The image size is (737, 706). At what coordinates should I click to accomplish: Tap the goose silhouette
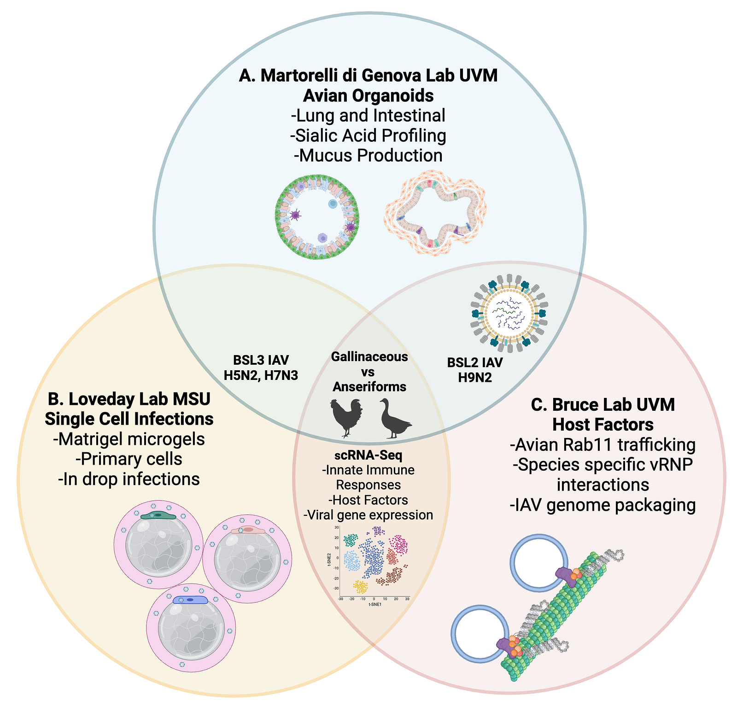pos(394,419)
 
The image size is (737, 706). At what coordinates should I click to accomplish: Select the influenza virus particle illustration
pos(509,311)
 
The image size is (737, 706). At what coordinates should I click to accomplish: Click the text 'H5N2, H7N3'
pos(261,375)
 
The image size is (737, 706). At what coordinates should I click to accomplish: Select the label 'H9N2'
pos(475,378)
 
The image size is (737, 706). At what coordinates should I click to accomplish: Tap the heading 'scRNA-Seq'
pos(368,455)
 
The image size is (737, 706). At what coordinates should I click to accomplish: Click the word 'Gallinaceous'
pos(369,356)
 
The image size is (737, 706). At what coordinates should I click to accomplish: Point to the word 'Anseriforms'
pos(369,386)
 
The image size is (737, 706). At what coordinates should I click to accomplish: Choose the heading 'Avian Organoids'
pos(368,96)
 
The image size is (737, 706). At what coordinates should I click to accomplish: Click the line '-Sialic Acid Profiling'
pos(368,135)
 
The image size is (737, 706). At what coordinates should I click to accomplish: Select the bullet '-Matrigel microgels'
pos(129,439)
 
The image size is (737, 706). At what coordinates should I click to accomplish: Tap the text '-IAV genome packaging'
pos(602,505)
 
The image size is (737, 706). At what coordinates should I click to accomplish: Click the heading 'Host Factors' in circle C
pos(602,424)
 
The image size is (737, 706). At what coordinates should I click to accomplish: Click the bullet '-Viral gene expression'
pos(368,515)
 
